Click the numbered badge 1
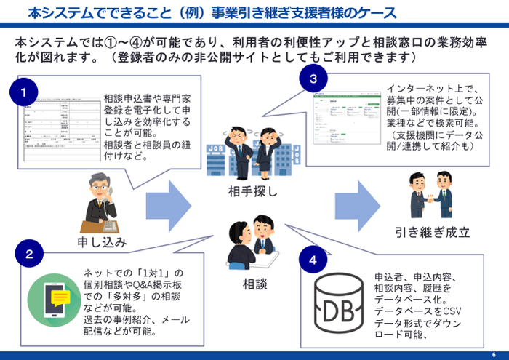point(24,92)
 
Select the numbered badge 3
point(313,78)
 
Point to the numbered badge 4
point(313,259)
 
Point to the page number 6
point(494,353)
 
